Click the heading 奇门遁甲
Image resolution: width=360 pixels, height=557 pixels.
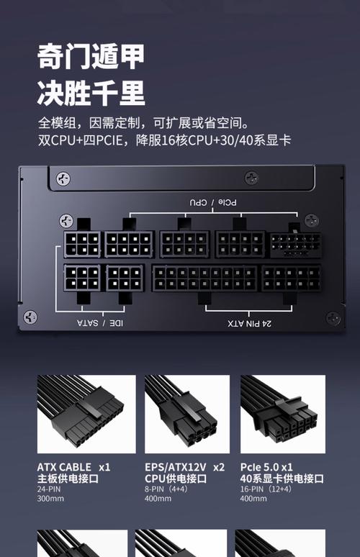tap(91, 56)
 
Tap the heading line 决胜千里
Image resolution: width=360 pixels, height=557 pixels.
tap(91, 93)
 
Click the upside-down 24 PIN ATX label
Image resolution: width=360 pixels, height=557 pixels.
tap(249, 323)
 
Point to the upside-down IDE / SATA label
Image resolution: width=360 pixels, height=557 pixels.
tap(100, 323)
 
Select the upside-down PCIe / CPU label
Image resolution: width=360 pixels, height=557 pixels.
tap(213, 202)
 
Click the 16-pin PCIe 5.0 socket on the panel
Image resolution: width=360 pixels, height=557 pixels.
tap(296, 245)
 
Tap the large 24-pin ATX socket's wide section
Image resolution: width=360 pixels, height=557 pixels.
tap(204, 278)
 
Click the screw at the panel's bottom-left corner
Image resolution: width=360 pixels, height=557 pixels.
tap(30, 317)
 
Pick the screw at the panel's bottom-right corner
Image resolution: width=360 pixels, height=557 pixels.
tap(333, 318)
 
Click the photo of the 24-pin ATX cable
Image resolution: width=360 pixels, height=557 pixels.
tap(86, 415)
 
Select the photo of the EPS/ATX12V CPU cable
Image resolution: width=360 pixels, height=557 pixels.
tap(187, 415)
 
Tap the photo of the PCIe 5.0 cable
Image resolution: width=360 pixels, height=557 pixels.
tap(283, 415)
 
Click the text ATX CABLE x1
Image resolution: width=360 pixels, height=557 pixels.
tap(73, 467)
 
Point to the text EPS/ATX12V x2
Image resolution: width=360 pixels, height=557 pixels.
tap(184, 467)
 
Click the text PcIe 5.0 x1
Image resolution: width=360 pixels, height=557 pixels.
tap(266, 467)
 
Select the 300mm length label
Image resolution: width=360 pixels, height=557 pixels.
tap(50, 499)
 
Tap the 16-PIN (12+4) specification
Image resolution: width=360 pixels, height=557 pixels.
tap(266, 489)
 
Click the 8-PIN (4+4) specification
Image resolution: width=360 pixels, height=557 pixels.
tap(166, 489)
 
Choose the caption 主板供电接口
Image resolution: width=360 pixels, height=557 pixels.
tap(68, 479)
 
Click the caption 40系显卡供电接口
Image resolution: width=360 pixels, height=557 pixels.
tap(282, 479)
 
